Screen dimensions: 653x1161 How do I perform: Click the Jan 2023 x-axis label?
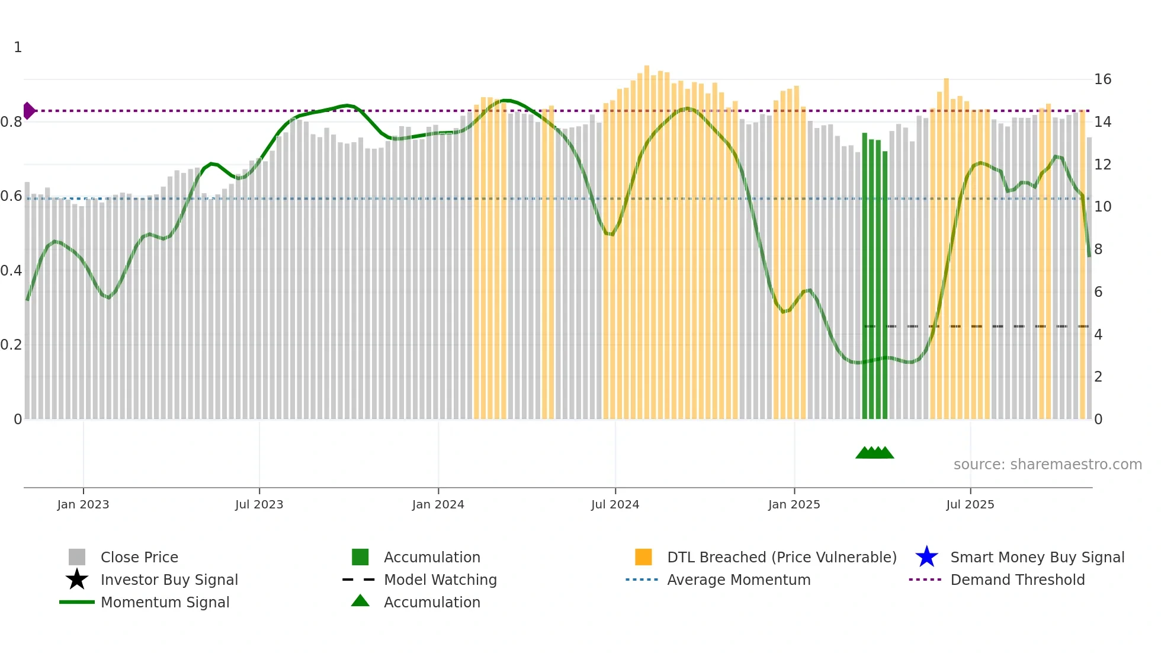(83, 504)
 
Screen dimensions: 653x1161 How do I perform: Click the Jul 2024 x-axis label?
(615, 504)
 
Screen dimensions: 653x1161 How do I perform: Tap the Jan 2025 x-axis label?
(794, 504)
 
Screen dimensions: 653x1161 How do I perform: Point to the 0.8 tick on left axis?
(11, 122)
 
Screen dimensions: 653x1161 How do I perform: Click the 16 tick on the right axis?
(1102, 79)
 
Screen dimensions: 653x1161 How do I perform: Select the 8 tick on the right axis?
(1098, 249)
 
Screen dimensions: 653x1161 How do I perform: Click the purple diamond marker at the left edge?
(28, 111)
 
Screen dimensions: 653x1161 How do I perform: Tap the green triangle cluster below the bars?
(874, 453)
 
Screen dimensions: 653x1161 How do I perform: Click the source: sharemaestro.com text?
(1047, 465)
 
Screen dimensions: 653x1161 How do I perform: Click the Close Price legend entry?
(139, 557)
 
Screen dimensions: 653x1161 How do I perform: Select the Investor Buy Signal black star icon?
(77, 580)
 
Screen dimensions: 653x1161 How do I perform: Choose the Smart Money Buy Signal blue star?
(926, 557)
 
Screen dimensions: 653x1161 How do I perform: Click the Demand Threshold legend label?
(1017, 580)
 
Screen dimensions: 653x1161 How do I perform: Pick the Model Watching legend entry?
(440, 580)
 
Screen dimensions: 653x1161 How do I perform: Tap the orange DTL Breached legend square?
(643, 557)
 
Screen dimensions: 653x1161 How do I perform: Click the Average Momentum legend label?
(739, 580)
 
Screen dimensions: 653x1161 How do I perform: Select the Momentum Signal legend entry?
(165, 602)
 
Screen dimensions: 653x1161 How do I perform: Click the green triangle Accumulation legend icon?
(360, 601)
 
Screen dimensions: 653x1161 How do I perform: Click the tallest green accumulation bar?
(865, 276)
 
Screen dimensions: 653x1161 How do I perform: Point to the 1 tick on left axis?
(18, 47)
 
